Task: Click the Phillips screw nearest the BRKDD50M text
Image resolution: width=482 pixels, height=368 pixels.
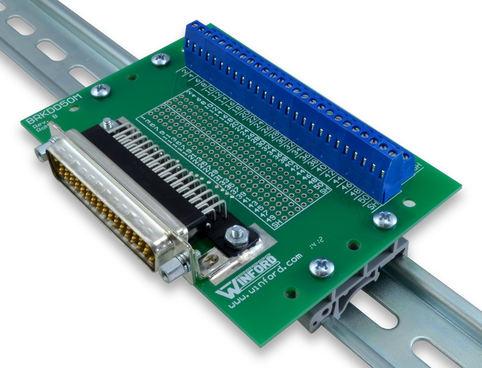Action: pos(100,90)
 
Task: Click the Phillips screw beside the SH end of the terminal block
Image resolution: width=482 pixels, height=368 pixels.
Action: pos(385,219)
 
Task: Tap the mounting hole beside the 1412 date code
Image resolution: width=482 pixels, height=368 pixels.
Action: pos(354,245)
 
